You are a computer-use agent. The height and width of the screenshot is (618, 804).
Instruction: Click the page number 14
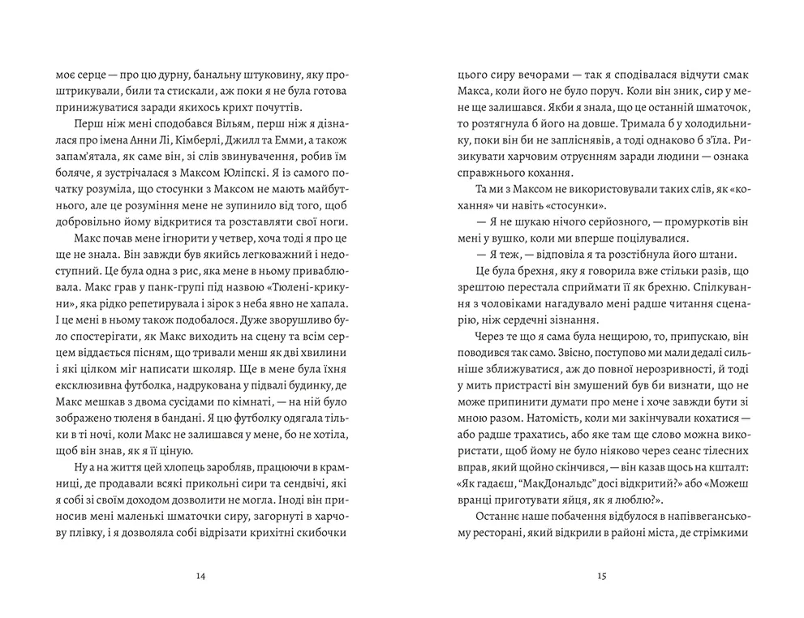click(201, 576)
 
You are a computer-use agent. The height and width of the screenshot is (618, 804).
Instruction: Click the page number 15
click(601, 576)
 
